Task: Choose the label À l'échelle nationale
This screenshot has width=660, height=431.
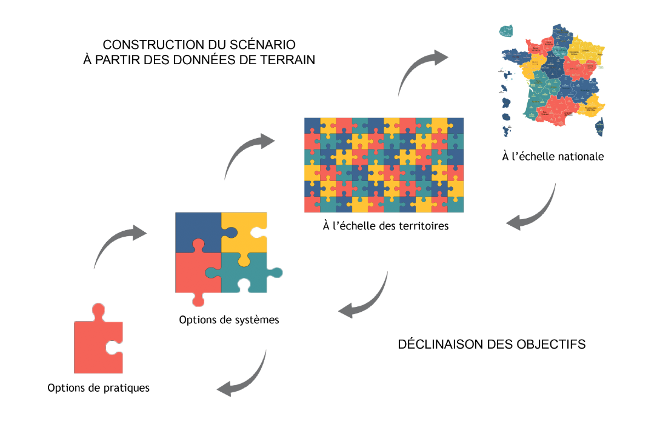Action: click(x=553, y=156)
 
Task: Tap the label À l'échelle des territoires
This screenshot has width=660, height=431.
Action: click(x=385, y=226)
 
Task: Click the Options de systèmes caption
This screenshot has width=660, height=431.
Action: click(x=229, y=320)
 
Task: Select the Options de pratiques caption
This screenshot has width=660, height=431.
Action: click(x=98, y=387)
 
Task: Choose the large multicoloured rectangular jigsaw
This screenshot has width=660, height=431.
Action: click(x=384, y=165)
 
